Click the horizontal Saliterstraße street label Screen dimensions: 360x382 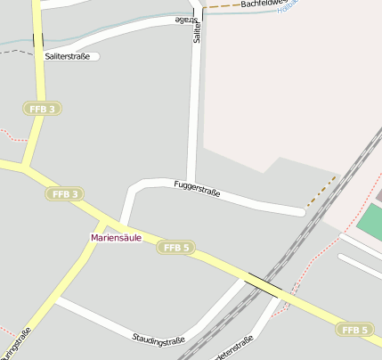click(x=68, y=56)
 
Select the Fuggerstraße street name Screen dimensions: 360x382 click(x=197, y=188)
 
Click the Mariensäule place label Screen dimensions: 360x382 click(x=116, y=238)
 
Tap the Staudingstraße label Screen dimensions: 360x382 click(x=158, y=340)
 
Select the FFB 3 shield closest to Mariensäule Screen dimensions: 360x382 click(x=65, y=193)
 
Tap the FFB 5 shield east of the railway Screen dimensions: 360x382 click(x=354, y=330)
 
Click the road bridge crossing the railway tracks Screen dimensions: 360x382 click(x=264, y=284)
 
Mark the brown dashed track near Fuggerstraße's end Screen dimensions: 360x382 click(x=321, y=192)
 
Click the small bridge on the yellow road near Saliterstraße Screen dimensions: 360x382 click(x=37, y=40)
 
